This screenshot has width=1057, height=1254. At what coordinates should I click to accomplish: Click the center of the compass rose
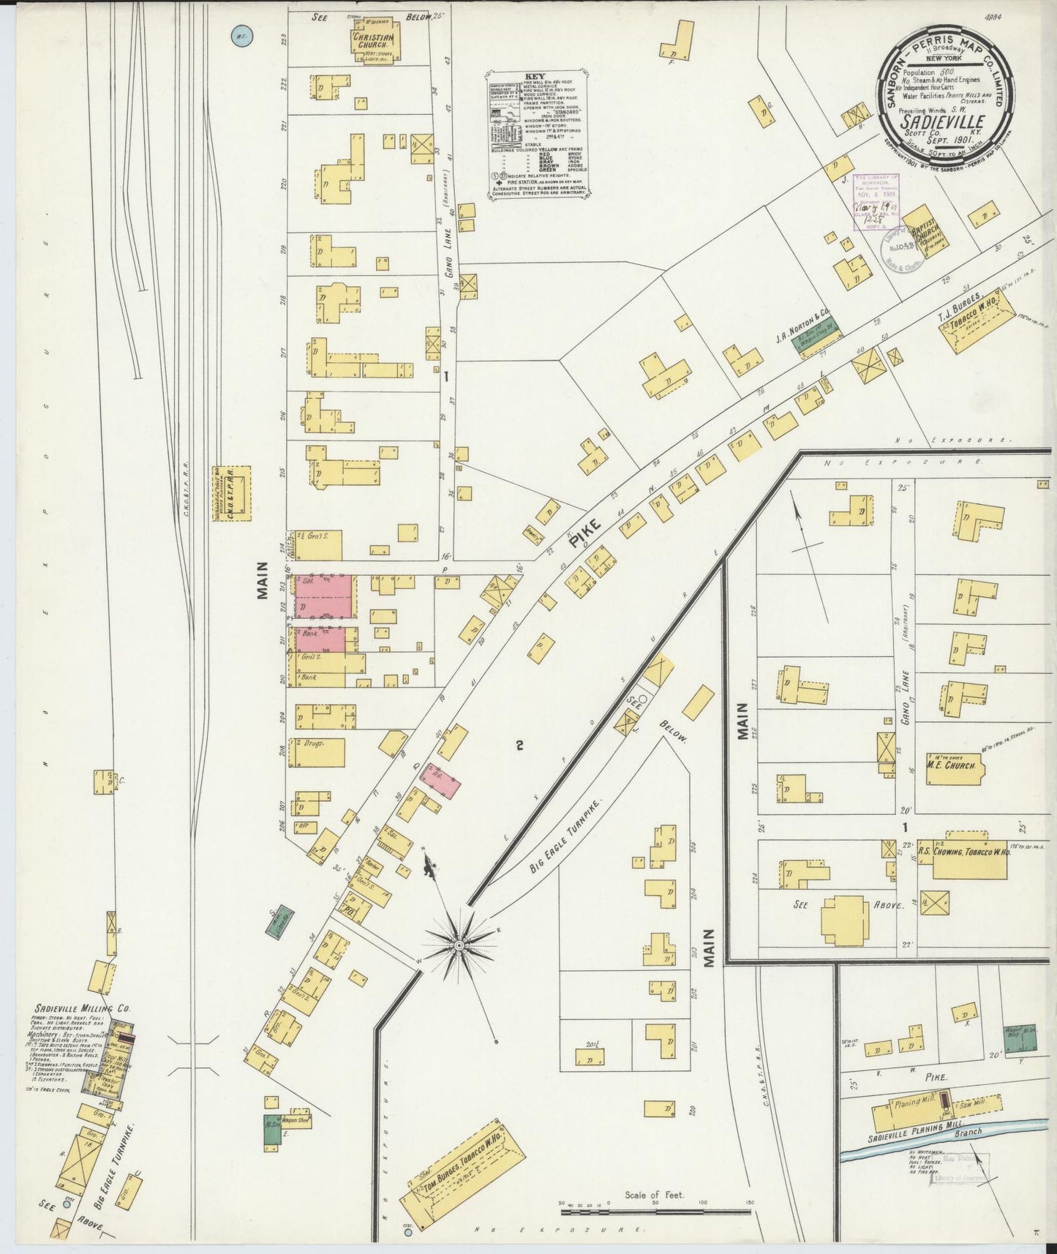(459, 945)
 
